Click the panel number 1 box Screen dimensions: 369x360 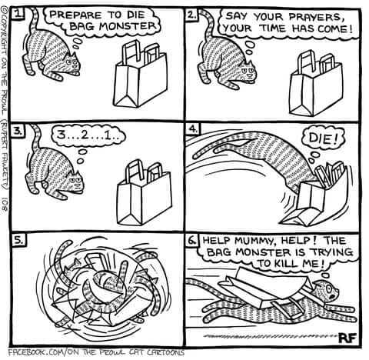coord(18,14)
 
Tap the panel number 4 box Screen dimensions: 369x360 coord(193,129)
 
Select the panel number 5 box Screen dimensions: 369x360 coord(19,240)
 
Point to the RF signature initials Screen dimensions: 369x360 coord(347,338)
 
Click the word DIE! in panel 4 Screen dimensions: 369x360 coord(323,138)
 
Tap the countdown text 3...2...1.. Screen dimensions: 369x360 coord(88,135)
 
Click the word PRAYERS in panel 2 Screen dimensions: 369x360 coord(316,17)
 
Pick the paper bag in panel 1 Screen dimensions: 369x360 coord(140,75)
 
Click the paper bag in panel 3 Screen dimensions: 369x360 coord(144,193)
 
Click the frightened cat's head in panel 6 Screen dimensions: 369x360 coord(328,291)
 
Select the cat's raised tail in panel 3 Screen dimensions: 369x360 coord(36,136)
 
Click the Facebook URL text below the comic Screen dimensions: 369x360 coord(96,353)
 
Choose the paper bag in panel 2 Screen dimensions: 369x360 coord(316,84)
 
